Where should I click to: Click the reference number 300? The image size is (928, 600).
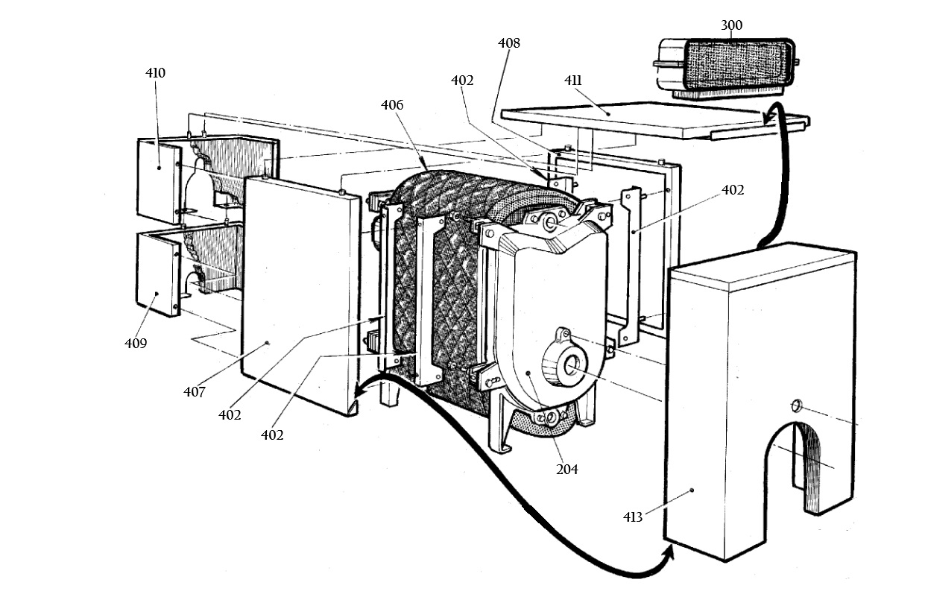point(731,25)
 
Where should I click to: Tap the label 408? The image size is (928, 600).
point(509,42)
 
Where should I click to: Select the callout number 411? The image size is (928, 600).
point(573,80)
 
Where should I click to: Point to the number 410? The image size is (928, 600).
point(155,73)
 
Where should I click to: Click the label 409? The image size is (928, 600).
point(136,343)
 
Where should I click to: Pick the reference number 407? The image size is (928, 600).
point(195,391)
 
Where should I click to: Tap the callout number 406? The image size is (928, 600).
point(392,105)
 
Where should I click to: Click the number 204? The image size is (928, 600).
point(566,470)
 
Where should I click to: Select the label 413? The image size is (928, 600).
point(633,517)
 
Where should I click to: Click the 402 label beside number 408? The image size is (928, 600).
point(462,80)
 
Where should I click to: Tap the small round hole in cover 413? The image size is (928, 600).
point(796,405)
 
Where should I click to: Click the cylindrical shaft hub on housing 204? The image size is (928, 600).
point(566,364)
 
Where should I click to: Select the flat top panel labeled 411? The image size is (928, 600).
point(654,119)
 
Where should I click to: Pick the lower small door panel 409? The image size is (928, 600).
point(158,274)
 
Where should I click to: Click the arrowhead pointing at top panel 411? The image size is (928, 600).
point(771,117)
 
